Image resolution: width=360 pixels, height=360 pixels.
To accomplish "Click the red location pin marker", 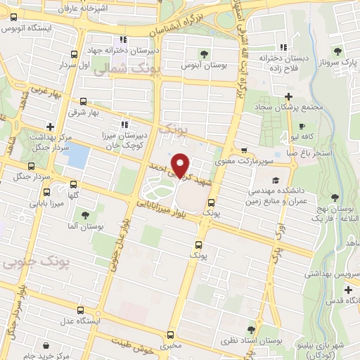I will click(x=181, y=165).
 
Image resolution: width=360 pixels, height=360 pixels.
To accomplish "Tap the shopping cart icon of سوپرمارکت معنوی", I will click(x=243, y=150).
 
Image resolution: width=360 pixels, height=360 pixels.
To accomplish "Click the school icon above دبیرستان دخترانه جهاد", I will click(x=123, y=40).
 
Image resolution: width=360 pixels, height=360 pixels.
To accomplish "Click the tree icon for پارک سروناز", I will click(x=337, y=51).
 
